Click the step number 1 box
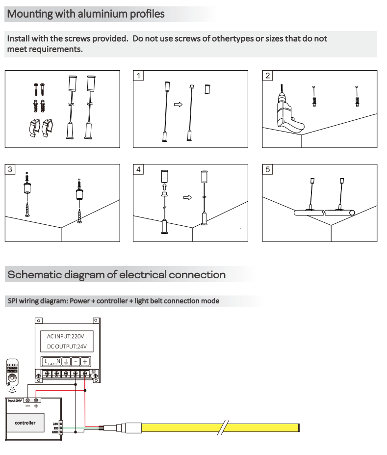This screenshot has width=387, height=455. [x=140, y=76]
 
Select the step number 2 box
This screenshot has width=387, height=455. [x=268, y=76]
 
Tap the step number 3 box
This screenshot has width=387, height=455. [x=11, y=170]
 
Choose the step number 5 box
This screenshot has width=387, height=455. [x=268, y=170]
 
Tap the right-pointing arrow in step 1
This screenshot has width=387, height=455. [x=179, y=104]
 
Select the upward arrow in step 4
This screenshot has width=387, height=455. [x=165, y=187]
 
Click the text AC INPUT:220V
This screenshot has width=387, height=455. [x=65, y=337]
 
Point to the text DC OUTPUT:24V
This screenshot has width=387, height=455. [x=66, y=347]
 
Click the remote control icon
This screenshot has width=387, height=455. [x=12, y=373]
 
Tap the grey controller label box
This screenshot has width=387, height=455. [x=25, y=423]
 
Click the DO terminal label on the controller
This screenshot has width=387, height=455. [x=56, y=428]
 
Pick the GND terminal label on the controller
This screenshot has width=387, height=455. [x=55, y=432]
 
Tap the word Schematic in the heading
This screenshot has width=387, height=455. [x=31, y=274]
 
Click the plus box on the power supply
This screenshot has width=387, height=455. [x=84, y=362]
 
